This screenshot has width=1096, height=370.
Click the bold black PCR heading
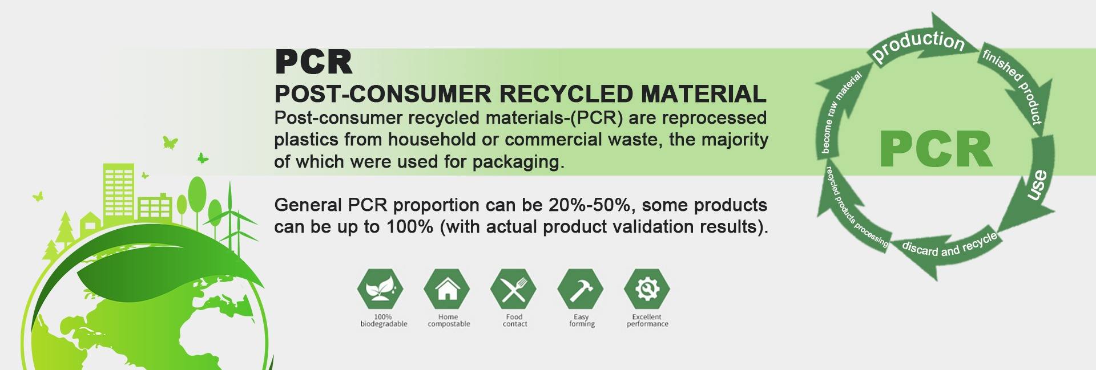point(313,62)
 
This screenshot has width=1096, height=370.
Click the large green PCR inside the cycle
point(936,149)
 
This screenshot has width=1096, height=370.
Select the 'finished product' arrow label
point(1013,86)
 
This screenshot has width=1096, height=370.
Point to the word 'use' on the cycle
point(1037,185)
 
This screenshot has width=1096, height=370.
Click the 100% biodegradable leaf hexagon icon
point(380,288)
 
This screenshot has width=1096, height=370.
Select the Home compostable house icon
point(447,288)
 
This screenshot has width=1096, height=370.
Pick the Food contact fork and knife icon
point(514,288)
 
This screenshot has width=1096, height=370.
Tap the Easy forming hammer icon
point(581,288)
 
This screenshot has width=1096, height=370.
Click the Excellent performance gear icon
point(647,288)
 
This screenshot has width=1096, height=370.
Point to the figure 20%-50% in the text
point(591,205)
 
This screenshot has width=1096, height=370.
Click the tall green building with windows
point(119,194)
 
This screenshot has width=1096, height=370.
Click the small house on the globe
point(90,222)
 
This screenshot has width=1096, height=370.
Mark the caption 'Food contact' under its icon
point(514,320)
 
